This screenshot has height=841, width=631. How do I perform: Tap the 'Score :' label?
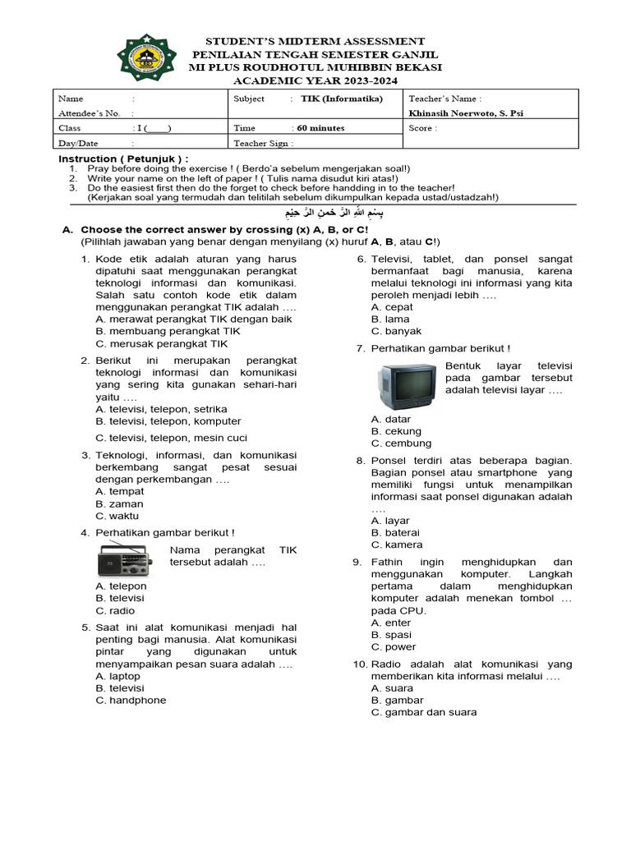pos(423,128)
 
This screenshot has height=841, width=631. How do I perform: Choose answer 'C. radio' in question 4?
pos(115,610)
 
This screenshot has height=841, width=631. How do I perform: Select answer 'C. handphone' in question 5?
pos(131,700)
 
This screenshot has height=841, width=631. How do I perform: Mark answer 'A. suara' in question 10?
pos(392,688)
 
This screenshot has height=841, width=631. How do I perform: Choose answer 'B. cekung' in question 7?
pos(396,431)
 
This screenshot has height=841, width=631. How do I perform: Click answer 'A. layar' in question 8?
pos(390,521)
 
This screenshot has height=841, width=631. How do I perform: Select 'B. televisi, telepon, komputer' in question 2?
pos(168,420)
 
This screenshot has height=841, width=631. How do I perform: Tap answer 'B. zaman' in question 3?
pos(119,503)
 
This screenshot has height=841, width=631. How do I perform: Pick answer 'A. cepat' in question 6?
pos(392,307)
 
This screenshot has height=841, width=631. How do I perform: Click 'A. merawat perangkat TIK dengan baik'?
pos(194,319)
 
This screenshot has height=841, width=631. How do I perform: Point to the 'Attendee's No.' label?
pos(90,113)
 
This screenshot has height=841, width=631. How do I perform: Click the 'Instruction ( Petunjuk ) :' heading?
pos(123,159)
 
